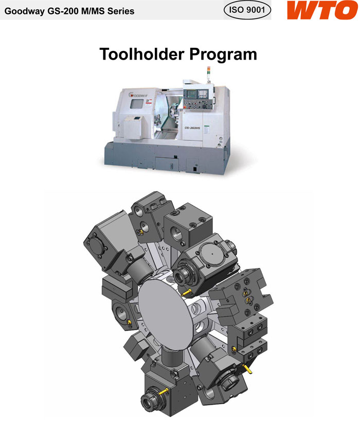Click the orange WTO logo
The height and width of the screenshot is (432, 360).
[x=322, y=10]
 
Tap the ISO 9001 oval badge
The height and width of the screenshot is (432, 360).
[x=247, y=10]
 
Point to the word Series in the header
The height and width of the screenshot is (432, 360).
[x=121, y=11]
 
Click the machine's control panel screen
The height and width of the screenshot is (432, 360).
[x=191, y=94]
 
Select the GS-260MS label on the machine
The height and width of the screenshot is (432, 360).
[x=192, y=128]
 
